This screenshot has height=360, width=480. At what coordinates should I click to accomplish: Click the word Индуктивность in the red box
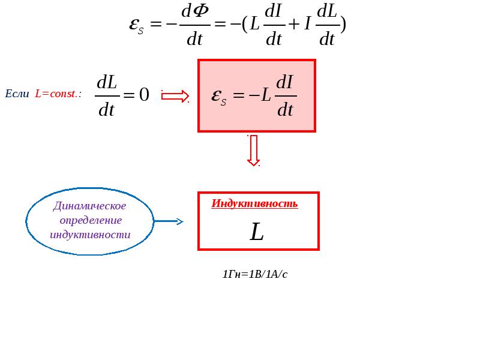[x=254, y=203]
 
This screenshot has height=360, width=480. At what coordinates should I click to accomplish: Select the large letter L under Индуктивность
[x=257, y=232]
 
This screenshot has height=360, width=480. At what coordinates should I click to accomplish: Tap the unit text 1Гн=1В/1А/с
[x=254, y=274]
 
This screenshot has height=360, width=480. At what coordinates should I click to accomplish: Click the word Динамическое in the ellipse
[x=89, y=206]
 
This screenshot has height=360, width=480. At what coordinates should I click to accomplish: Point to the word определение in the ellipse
[x=91, y=220]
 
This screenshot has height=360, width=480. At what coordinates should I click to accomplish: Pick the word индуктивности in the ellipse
[x=90, y=235]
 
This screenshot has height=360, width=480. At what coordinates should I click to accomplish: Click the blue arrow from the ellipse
[x=169, y=221]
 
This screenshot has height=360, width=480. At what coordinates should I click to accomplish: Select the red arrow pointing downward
[x=253, y=151]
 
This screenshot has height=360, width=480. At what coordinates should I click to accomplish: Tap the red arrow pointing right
[x=175, y=96]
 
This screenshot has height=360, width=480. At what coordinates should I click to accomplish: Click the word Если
[x=17, y=94]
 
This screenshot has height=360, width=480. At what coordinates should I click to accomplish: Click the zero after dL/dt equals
[x=144, y=94]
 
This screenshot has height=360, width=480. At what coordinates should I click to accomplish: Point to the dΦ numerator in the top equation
[x=195, y=11]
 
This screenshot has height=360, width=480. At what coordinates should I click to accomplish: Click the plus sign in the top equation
[x=294, y=24]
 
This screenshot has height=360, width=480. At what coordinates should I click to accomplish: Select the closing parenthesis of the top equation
[x=343, y=25]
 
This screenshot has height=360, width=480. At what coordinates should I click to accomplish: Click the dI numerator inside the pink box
[x=284, y=83]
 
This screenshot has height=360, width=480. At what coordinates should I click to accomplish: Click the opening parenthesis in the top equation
[x=245, y=25]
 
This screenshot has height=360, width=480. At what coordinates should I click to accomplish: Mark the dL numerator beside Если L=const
[x=107, y=82]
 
